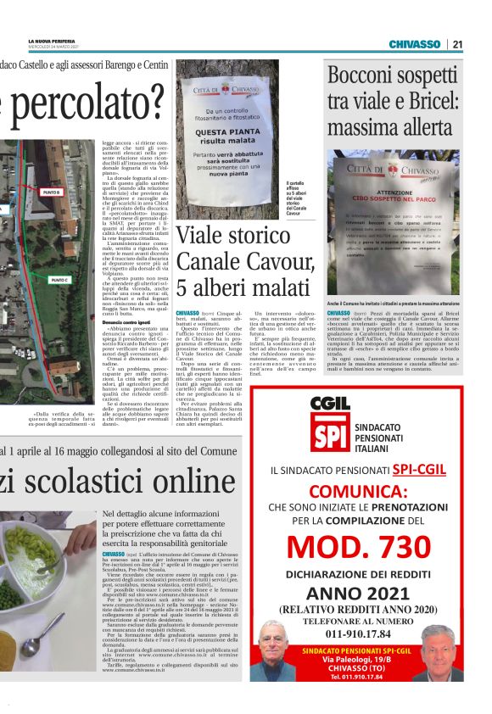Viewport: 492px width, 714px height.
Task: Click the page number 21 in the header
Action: (x=457, y=44)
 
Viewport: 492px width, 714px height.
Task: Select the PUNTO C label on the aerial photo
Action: (x=59, y=279)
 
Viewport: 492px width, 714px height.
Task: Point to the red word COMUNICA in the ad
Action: (x=367, y=492)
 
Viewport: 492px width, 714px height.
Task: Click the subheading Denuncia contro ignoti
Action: (x=126, y=323)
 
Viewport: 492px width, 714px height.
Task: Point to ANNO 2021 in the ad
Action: (x=367, y=593)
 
